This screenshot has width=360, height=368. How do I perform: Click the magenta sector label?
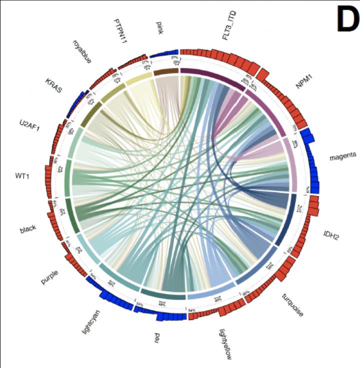coord(342,156)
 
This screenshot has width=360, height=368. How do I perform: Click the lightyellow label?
coord(225,344)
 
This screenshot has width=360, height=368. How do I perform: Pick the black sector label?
coord(28,229)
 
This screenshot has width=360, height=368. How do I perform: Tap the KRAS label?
coord(53,85)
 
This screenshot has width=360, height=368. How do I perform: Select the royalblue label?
coord(81,51)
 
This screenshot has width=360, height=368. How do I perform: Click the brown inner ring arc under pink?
coord(165,72)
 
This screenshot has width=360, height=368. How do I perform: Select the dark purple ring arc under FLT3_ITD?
coord(212,77)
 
